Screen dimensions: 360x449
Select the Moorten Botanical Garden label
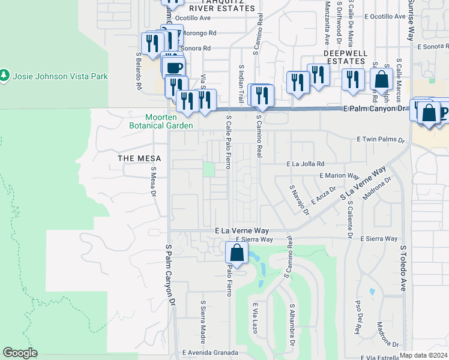pos(161,121)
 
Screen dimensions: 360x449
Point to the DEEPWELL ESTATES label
pos(345,53)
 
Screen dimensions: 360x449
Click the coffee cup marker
pos(174,67)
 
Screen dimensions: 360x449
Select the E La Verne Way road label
pos(241,230)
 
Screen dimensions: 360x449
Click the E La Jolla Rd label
pos(306,163)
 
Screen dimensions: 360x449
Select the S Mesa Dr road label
pos(154,182)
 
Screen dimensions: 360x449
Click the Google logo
pos(20,353)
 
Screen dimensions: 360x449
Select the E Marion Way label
pos(339,176)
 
